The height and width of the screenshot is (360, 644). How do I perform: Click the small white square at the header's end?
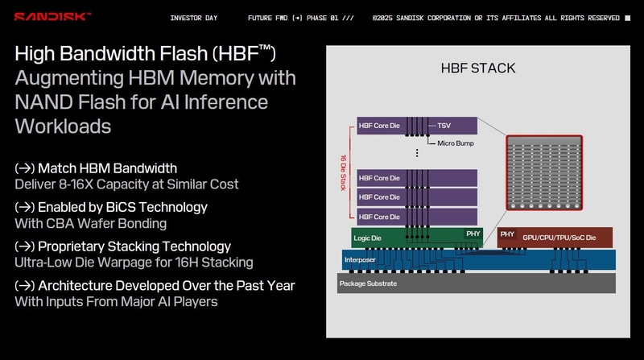coord(628,17)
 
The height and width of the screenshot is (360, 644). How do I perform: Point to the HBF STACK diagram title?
coord(477,68)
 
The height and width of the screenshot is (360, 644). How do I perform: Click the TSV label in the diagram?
coord(444,126)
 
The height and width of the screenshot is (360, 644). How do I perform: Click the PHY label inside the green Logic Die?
coord(473,234)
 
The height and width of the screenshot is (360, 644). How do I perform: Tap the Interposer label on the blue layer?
coord(359,260)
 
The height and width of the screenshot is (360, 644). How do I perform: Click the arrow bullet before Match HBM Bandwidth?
coord(24,168)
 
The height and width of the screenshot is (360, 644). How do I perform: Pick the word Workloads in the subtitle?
coord(63,126)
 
